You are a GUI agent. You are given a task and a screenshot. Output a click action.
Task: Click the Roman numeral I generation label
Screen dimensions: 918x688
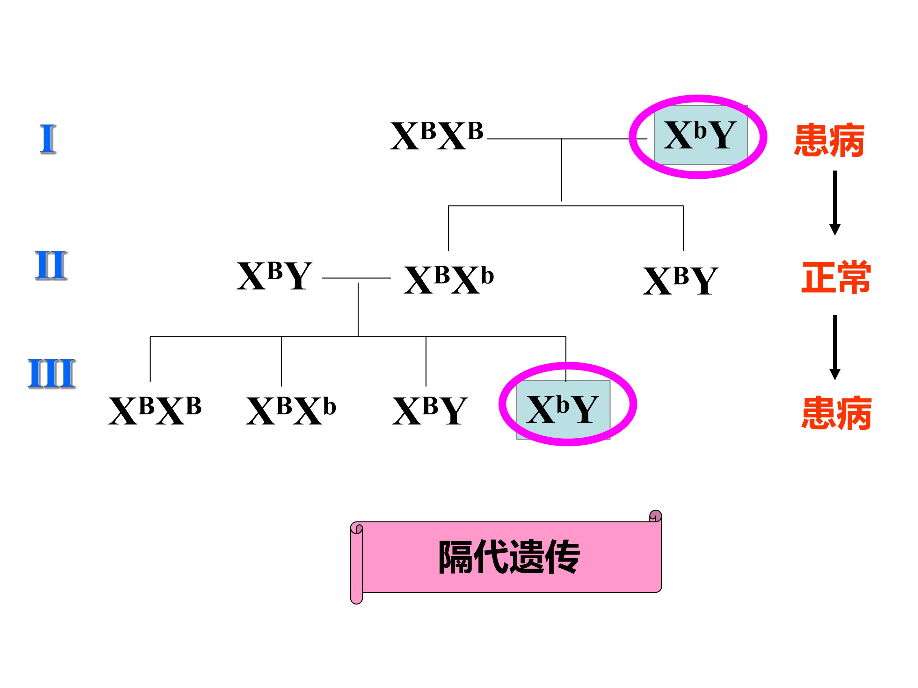point(48,139)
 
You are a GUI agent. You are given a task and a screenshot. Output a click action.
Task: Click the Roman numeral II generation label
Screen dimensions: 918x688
point(51,265)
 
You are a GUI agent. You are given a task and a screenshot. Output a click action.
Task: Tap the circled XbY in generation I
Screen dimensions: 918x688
point(700,134)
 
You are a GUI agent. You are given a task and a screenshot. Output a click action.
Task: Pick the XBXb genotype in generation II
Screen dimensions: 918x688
point(448,279)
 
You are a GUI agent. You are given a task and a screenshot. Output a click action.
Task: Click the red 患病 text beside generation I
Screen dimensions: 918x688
point(829,140)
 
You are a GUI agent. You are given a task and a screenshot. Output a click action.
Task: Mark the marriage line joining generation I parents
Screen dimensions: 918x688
point(567,139)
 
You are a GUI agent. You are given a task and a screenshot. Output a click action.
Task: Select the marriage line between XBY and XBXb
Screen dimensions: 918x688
point(356,278)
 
